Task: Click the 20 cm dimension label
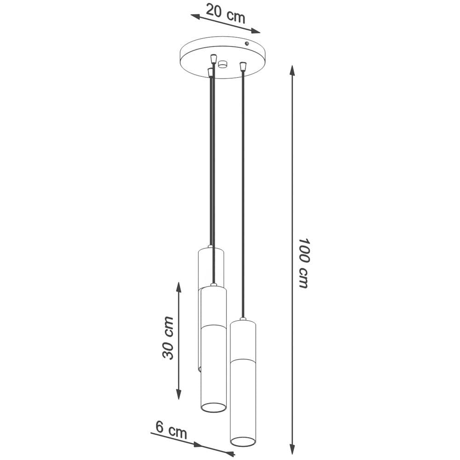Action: [x=225, y=13]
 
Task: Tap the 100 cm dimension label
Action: [x=303, y=263]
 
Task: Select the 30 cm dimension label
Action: [x=168, y=338]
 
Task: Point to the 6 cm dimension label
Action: [x=171, y=431]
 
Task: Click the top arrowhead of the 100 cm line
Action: [x=292, y=70]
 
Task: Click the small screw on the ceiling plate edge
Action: [x=247, y=43]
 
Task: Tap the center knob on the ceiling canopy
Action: [x=223, y=64]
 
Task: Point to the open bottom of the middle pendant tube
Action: [x=213, y=407]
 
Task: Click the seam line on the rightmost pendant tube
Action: [x=243, y=359]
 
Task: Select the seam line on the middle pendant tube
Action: [x=213, y=326]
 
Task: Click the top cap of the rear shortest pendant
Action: [x=211, y=248]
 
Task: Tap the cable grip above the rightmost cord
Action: [x=243, y=67]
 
